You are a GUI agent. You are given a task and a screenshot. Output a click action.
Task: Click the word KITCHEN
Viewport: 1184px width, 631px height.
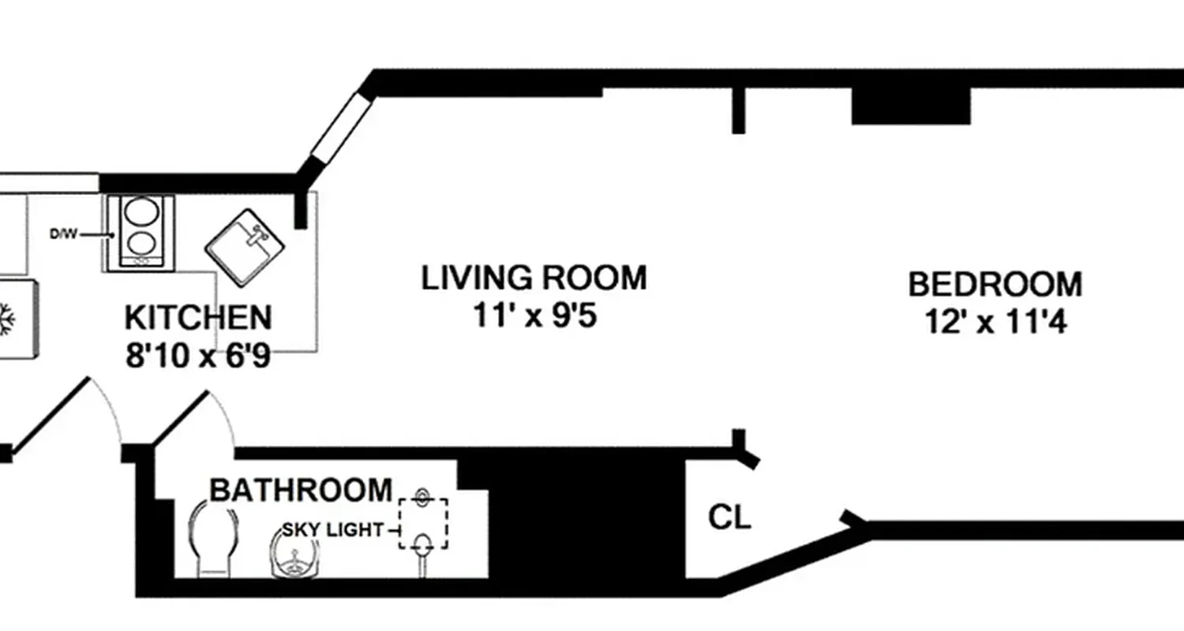pos(198,318)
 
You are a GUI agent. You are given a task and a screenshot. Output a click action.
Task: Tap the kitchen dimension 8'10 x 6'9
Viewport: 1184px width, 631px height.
pos(198,357)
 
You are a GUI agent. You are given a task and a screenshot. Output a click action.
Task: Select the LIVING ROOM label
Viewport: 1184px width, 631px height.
pos(534,278)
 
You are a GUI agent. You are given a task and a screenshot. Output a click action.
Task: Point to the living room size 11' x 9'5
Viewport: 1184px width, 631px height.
pos(534,316)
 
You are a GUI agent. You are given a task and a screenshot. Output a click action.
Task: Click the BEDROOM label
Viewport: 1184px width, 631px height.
pos(995,285)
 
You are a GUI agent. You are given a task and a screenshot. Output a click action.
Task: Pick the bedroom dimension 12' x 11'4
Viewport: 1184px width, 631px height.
pos(996,323)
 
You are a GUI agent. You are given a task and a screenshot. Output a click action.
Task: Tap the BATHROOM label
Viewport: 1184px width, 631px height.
pos(301,491)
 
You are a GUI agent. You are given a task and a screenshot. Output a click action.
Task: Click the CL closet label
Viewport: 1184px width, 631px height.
pos(729,518)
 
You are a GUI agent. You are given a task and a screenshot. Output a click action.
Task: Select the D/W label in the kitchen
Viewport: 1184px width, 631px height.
pos(63,234)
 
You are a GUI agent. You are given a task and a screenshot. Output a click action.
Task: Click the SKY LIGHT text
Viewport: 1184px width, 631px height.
pos(332,530)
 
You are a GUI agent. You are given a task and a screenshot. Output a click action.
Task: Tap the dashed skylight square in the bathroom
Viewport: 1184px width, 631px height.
pos(423,523)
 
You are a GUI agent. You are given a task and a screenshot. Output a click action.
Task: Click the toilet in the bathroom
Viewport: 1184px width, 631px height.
pos(213,540)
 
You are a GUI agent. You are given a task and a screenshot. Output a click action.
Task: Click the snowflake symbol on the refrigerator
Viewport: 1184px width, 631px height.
pos(6,319)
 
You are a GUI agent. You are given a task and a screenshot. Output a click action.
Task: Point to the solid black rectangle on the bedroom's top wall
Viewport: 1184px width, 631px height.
pos(910,106)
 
